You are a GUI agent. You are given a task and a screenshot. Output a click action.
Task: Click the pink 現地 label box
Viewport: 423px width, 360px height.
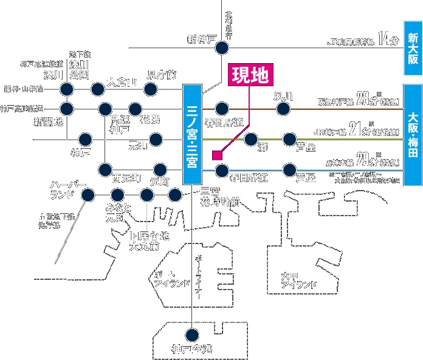[x=250, y=74]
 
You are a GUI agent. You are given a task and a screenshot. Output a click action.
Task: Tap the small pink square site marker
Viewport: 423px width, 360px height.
[x=216, y=155]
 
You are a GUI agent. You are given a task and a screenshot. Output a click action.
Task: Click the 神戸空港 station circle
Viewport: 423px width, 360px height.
[x=193, y=334]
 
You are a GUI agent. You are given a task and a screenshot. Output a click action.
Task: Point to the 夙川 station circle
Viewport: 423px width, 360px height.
[x=283, y=109]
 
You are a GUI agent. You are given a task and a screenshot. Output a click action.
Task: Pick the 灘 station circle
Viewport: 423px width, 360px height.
[x=251, y=140]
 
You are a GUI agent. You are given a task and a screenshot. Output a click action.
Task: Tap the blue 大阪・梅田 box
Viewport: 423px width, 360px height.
[x=413, y=133]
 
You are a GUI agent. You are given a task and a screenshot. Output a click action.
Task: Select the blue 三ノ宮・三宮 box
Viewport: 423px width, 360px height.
[x=191, y=134]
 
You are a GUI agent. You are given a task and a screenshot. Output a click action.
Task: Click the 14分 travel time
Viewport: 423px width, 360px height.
[x=387, y=40]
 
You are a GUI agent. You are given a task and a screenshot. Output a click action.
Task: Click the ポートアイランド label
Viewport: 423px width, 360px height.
[x=172, y=279]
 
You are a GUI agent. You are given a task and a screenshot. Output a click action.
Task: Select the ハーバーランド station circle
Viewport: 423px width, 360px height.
[x=88, y=195]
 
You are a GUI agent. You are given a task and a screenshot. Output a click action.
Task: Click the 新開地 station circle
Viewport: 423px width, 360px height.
[x=67, y=109]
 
